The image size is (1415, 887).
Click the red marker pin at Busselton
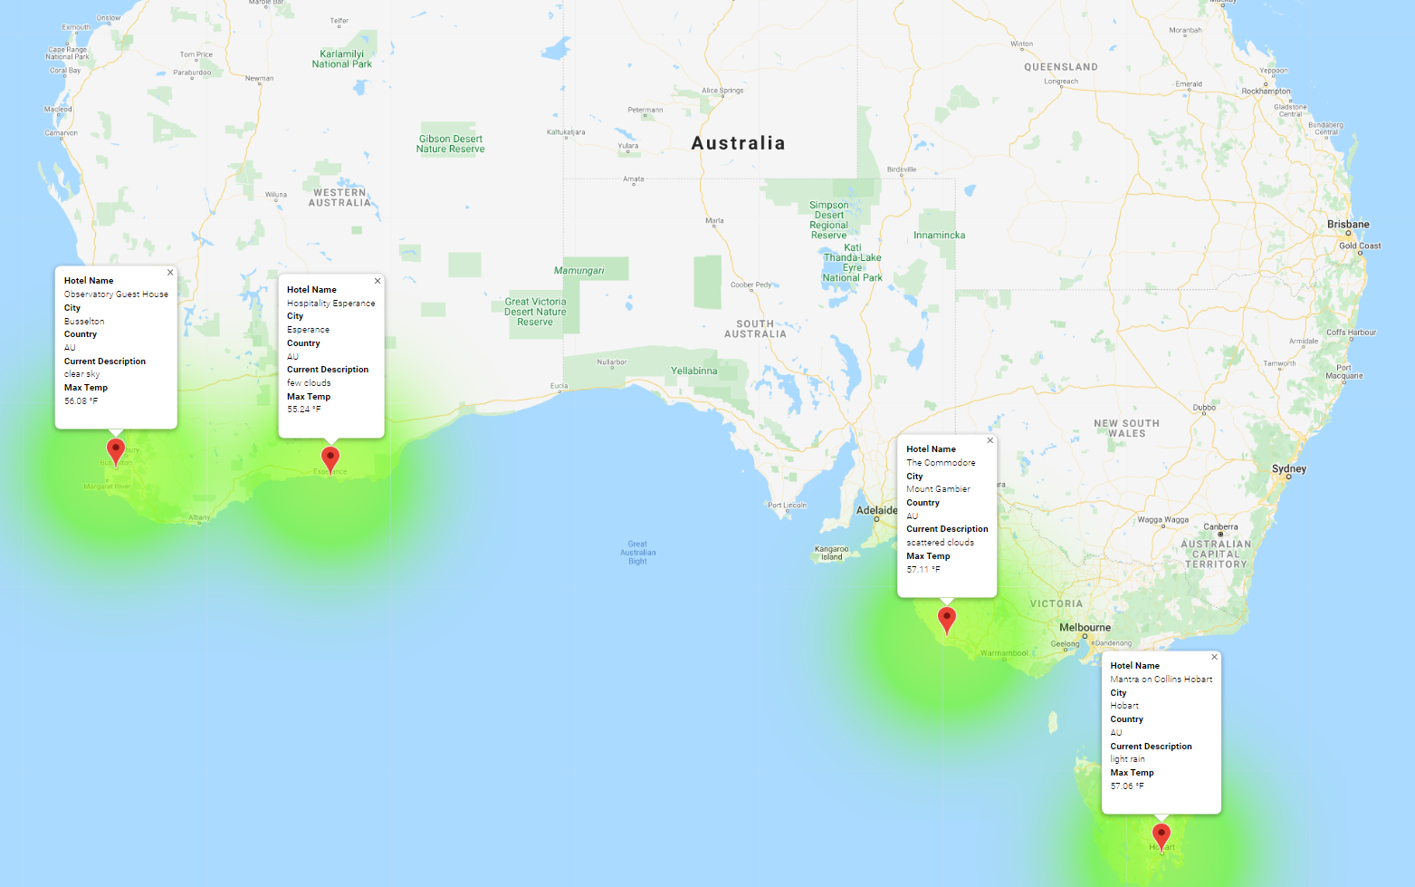click(116, 449)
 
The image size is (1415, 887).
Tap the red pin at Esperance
click(330, 458)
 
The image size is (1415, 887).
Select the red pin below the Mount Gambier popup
click(947, 619)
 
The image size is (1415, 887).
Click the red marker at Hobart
click(1162, 834)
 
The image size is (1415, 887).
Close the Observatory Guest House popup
click(170, 273)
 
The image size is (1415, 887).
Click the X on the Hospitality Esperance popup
click(378, 282)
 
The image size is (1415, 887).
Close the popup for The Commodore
click(990, 441)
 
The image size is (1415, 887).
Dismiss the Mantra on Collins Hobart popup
click(1214, 658)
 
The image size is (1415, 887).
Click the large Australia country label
click(738, 143)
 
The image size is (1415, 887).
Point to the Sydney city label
click(1289, 468)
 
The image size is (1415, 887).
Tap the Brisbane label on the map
click(1348, 225)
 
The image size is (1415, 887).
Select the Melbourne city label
click(1085, 627)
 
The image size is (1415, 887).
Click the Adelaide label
click(876, 510)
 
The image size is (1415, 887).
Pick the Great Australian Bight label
click(638, 553)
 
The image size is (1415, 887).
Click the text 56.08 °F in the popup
click(81, 401)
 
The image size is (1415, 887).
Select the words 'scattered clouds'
click(940, 543)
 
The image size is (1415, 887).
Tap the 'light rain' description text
click(1127, 759)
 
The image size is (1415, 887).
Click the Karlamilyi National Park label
click(342, 59)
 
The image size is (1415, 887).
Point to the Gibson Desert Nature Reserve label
click(450, 144)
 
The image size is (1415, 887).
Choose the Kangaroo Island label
click(832, 553)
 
